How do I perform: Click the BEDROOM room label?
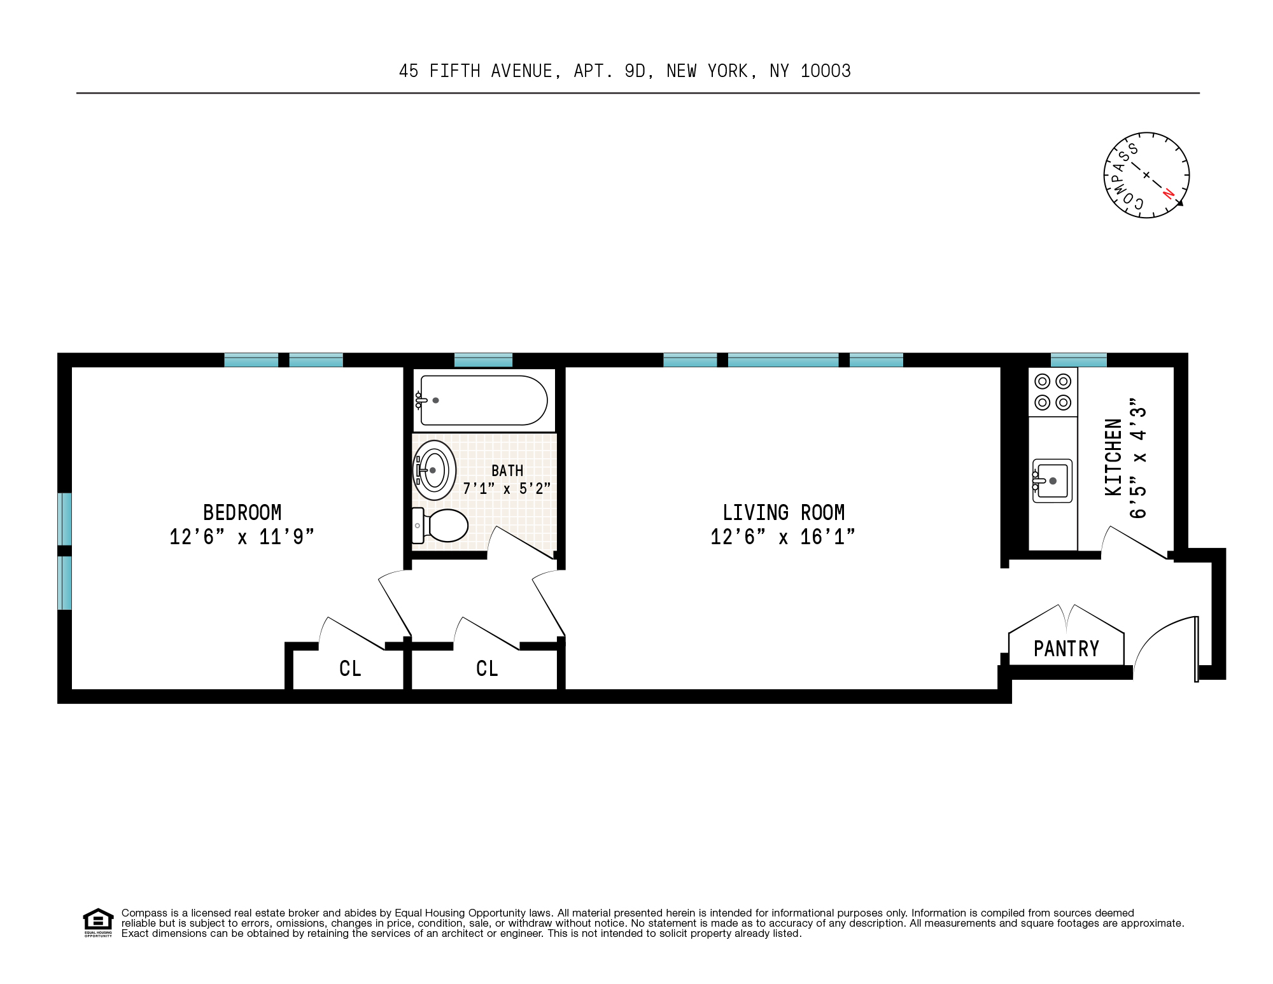click(242, 512)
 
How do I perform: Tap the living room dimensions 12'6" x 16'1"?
click(782, 537)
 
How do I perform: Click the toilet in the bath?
click(442, 526)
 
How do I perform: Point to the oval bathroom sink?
click(435, 470)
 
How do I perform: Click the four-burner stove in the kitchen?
click(1053, 392)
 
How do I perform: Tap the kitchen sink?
click(1052, 481)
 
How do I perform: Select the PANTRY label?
click(1066, 649)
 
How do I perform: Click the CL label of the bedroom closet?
click(350, 668)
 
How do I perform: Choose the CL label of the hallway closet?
click(487, 668)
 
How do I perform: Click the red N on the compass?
click(1169, 193)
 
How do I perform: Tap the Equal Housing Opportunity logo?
click(98, 922)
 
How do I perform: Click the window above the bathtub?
click(483, 360)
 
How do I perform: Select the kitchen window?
click(1078, 360)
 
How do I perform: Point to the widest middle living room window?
click(783, 360)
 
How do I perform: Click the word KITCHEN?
click(1113, 457)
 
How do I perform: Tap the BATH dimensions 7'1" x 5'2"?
click(507, 489)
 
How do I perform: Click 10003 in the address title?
click(826, 71)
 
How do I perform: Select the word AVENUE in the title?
click(521, 71)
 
